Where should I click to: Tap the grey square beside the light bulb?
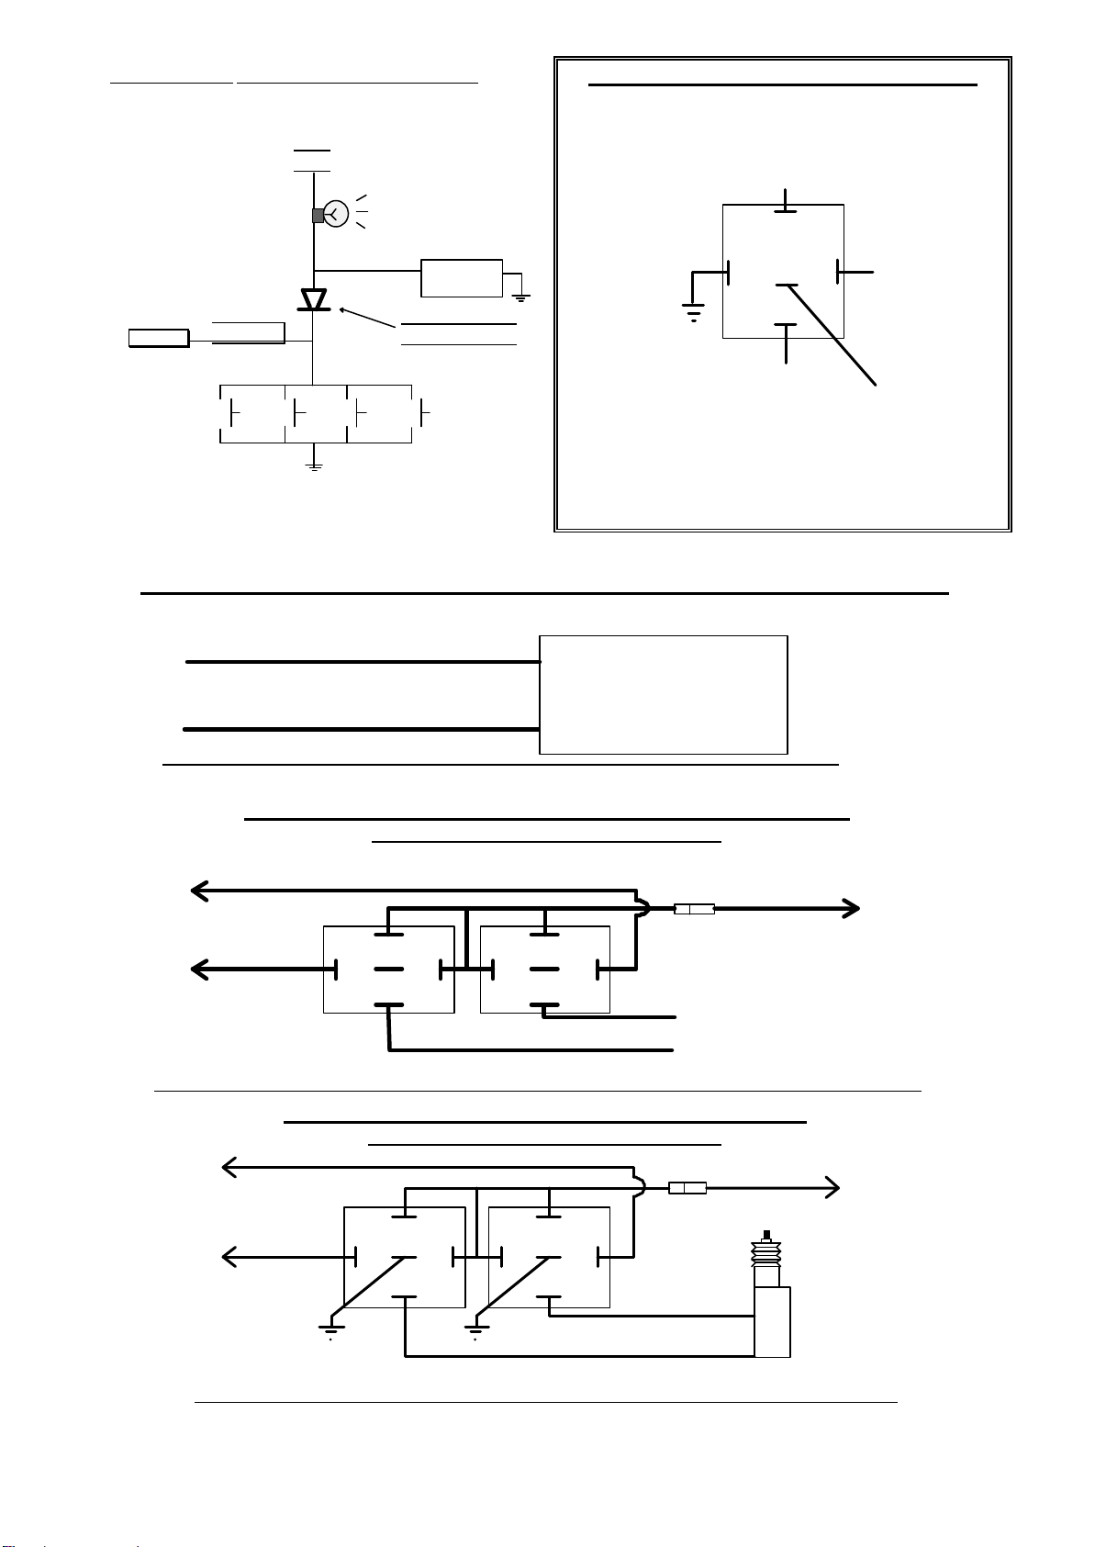click(318, 216)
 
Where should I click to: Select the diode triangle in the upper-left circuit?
click(314, 299)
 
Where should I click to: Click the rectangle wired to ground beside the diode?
click(462, 278)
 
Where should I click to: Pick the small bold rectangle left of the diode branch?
click(159, 338)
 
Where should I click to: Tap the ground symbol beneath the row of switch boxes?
click(314, 467)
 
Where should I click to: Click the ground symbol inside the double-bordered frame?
click(694, 312)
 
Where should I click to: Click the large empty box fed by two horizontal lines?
click(663, 694)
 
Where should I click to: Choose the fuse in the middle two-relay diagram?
click(694, 909)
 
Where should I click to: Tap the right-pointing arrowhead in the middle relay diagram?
click(852, 909)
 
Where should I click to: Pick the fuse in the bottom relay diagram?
click(687, 1188)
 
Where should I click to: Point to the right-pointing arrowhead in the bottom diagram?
click(832, 1187)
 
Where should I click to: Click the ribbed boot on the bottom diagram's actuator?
click(766, 1252)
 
